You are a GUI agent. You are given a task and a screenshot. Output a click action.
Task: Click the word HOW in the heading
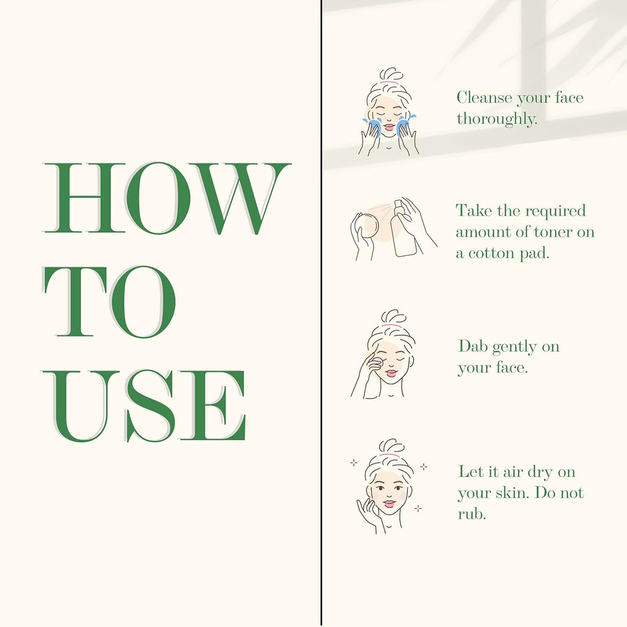167,198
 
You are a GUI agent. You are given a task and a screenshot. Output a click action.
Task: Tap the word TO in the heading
110,301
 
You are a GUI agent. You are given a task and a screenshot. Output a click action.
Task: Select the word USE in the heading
144,406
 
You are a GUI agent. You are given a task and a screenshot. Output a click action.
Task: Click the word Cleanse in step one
484,97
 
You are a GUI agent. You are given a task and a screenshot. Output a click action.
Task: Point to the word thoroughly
497,119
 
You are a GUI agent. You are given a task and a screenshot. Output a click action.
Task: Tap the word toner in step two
553,232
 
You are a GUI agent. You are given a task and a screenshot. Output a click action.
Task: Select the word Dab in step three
473,347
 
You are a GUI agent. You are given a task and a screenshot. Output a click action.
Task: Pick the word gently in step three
514,348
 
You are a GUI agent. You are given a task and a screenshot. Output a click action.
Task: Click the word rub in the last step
471,514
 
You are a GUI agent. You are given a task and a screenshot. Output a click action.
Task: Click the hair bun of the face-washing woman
390,74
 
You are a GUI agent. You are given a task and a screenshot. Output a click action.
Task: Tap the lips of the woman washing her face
388,127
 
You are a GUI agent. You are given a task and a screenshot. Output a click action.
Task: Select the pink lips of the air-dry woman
389,503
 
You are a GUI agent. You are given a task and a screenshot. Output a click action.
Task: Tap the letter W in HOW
240,198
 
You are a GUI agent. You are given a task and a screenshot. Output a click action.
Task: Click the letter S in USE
149,406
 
